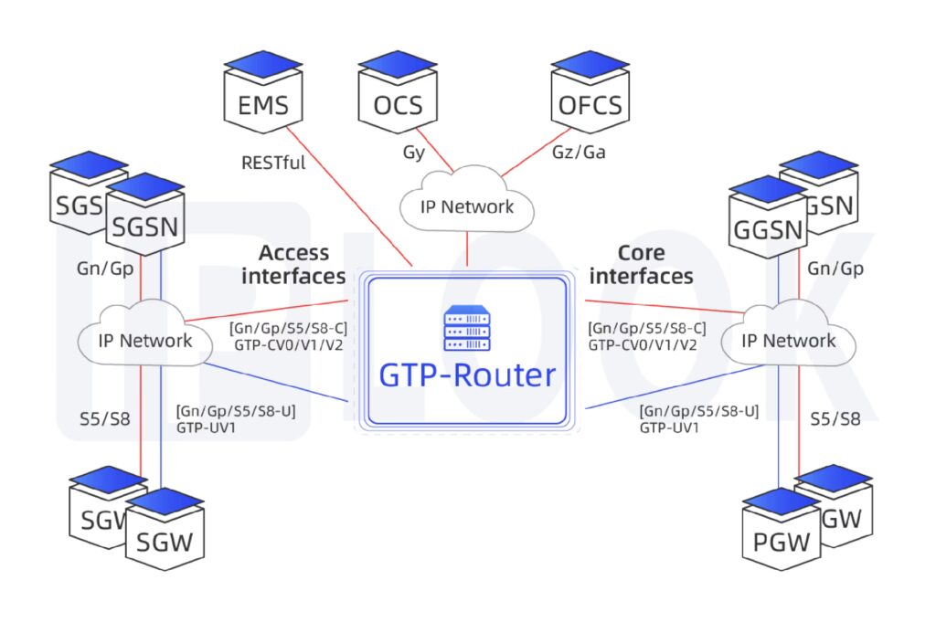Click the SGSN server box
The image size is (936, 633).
point(146,222)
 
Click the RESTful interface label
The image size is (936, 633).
point(273,164)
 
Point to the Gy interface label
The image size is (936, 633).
point(414,153)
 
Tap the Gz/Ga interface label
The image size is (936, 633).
point(580,153)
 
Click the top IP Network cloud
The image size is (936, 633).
point(466,206)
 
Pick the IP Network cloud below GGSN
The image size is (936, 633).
point(788,341)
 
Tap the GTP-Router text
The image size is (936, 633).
point(467,375)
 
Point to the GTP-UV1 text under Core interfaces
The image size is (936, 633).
point(670,427)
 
